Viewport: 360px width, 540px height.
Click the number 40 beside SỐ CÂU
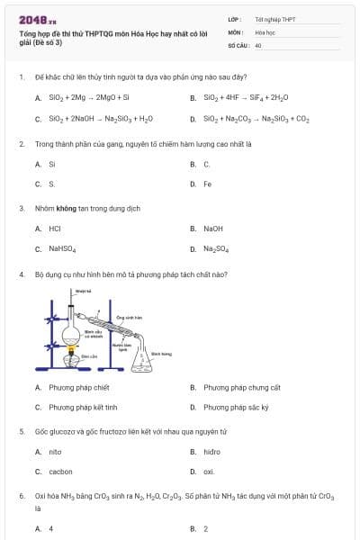pos(258,44)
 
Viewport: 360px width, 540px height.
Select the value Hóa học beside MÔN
pos(265,31)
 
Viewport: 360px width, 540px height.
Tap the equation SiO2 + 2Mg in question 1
pos(82,97)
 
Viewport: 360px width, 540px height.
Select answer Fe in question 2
pos(207,184)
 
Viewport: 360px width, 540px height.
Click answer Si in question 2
pos(52,164)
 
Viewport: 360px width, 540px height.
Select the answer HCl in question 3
pos(55,229)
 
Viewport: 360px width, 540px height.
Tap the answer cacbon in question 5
pos(60,471)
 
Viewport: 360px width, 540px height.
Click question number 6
pos(21,496)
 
